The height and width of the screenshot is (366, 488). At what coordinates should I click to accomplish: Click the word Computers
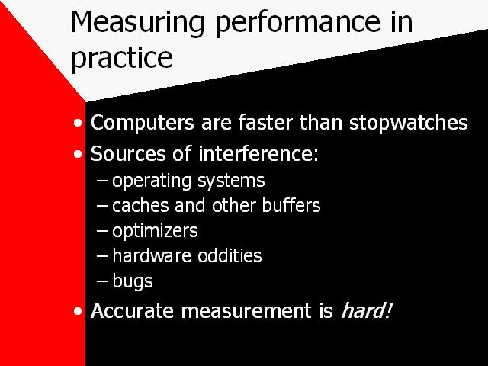pos(143,123)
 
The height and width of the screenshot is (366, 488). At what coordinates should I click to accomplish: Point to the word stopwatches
pos(409,123)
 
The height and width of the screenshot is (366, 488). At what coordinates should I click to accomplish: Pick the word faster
pos(265,122)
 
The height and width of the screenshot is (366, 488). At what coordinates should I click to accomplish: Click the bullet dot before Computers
pos(78,123)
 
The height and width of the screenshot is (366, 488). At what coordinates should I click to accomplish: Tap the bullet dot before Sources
pos(78,154)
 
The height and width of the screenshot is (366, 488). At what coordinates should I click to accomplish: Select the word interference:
pos(258,153)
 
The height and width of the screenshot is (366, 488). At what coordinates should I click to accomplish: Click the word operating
pos(152,181)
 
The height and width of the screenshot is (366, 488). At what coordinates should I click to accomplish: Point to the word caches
pos(140,205)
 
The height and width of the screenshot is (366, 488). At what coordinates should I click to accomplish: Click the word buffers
pos(291,205)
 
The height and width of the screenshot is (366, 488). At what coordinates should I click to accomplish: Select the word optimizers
pos(155,231)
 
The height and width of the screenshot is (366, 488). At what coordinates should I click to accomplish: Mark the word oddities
pos(230,255)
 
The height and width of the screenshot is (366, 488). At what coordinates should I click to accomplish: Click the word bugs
pos(133,281)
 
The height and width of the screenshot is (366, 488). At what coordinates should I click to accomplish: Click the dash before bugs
pos(101,281)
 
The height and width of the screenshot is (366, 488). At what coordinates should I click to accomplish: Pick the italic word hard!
pos(366,310)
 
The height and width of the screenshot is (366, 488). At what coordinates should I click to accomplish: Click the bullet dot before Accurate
pos(78,311)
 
